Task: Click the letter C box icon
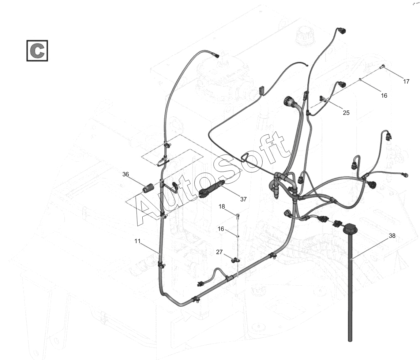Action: [37, 51]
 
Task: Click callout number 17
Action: [406, 81]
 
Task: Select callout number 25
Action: [346, 113]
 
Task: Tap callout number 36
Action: [126, 174]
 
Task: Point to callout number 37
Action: [243, 199]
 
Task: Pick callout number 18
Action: [222, 207]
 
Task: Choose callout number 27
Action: [219, 252]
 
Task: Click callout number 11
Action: [137, 241]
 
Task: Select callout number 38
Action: [392, 236]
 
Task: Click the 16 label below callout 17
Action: [384, 96]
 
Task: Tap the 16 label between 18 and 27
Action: [221, 229]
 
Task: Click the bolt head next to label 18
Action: [238, 216]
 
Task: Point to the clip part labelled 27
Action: [235, 260]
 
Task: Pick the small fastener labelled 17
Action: [382, 67]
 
